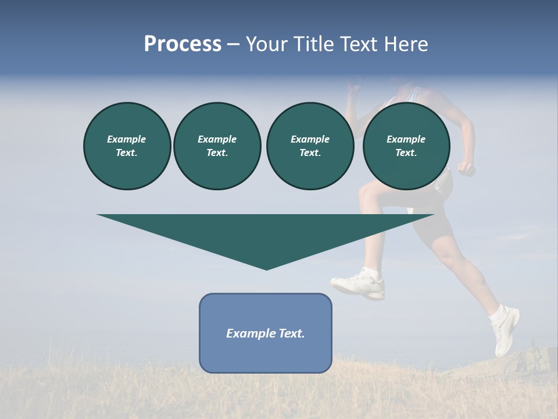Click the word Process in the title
(x=183, y=44)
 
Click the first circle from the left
(x=127, y=146)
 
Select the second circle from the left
(x=217, y=146)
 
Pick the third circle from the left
(x=310, y=146)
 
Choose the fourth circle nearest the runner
(x=406, y=146)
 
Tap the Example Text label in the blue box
(x=266, y=333)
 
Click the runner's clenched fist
(x=466, y=168)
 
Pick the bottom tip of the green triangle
(x=266, y=268)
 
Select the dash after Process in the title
(x=233, y=44)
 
